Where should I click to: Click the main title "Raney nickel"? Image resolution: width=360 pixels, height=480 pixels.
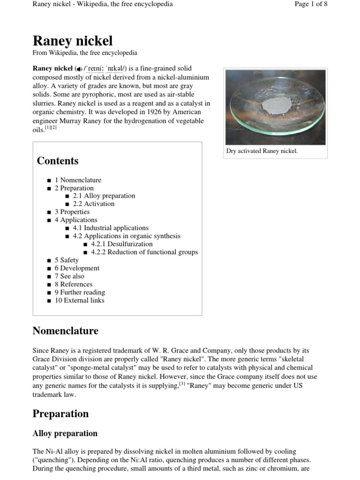pos(72,41)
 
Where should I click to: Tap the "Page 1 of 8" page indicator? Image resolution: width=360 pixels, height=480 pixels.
pos(311,4)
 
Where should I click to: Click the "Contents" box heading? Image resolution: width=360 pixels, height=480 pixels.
pos(58,161)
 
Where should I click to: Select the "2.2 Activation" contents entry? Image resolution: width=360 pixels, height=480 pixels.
pos(94,204)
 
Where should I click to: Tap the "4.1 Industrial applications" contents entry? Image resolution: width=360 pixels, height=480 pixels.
pos(111,228)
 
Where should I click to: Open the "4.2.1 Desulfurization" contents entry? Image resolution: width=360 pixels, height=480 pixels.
pos(121,244)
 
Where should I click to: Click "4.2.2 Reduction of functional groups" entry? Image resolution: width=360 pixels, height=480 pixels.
pos(144,252)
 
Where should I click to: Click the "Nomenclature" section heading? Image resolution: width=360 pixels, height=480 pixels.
pos(65,331)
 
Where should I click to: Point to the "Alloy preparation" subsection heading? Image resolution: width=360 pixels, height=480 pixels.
pos(65,434)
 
